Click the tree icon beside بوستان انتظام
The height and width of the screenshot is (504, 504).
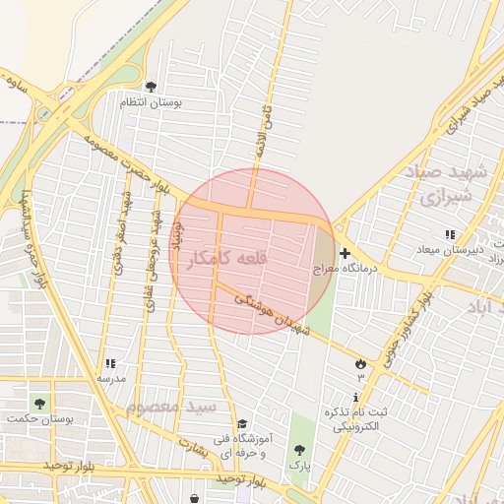click(x=151, y=88)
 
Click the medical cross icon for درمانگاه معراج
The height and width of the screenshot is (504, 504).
click(x=344, y=253)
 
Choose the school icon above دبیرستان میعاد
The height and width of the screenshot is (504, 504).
click(x=450, y=234)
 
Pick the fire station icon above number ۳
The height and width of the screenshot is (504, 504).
click(x=360, y=364)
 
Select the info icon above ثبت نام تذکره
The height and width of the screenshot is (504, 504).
click(x=355, y=398)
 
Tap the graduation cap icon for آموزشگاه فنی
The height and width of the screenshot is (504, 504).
click(x=242, y=423)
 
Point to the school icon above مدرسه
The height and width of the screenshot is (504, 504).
click(x=110, y=364)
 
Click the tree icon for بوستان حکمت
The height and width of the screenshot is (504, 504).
click(x=39, y=404)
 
